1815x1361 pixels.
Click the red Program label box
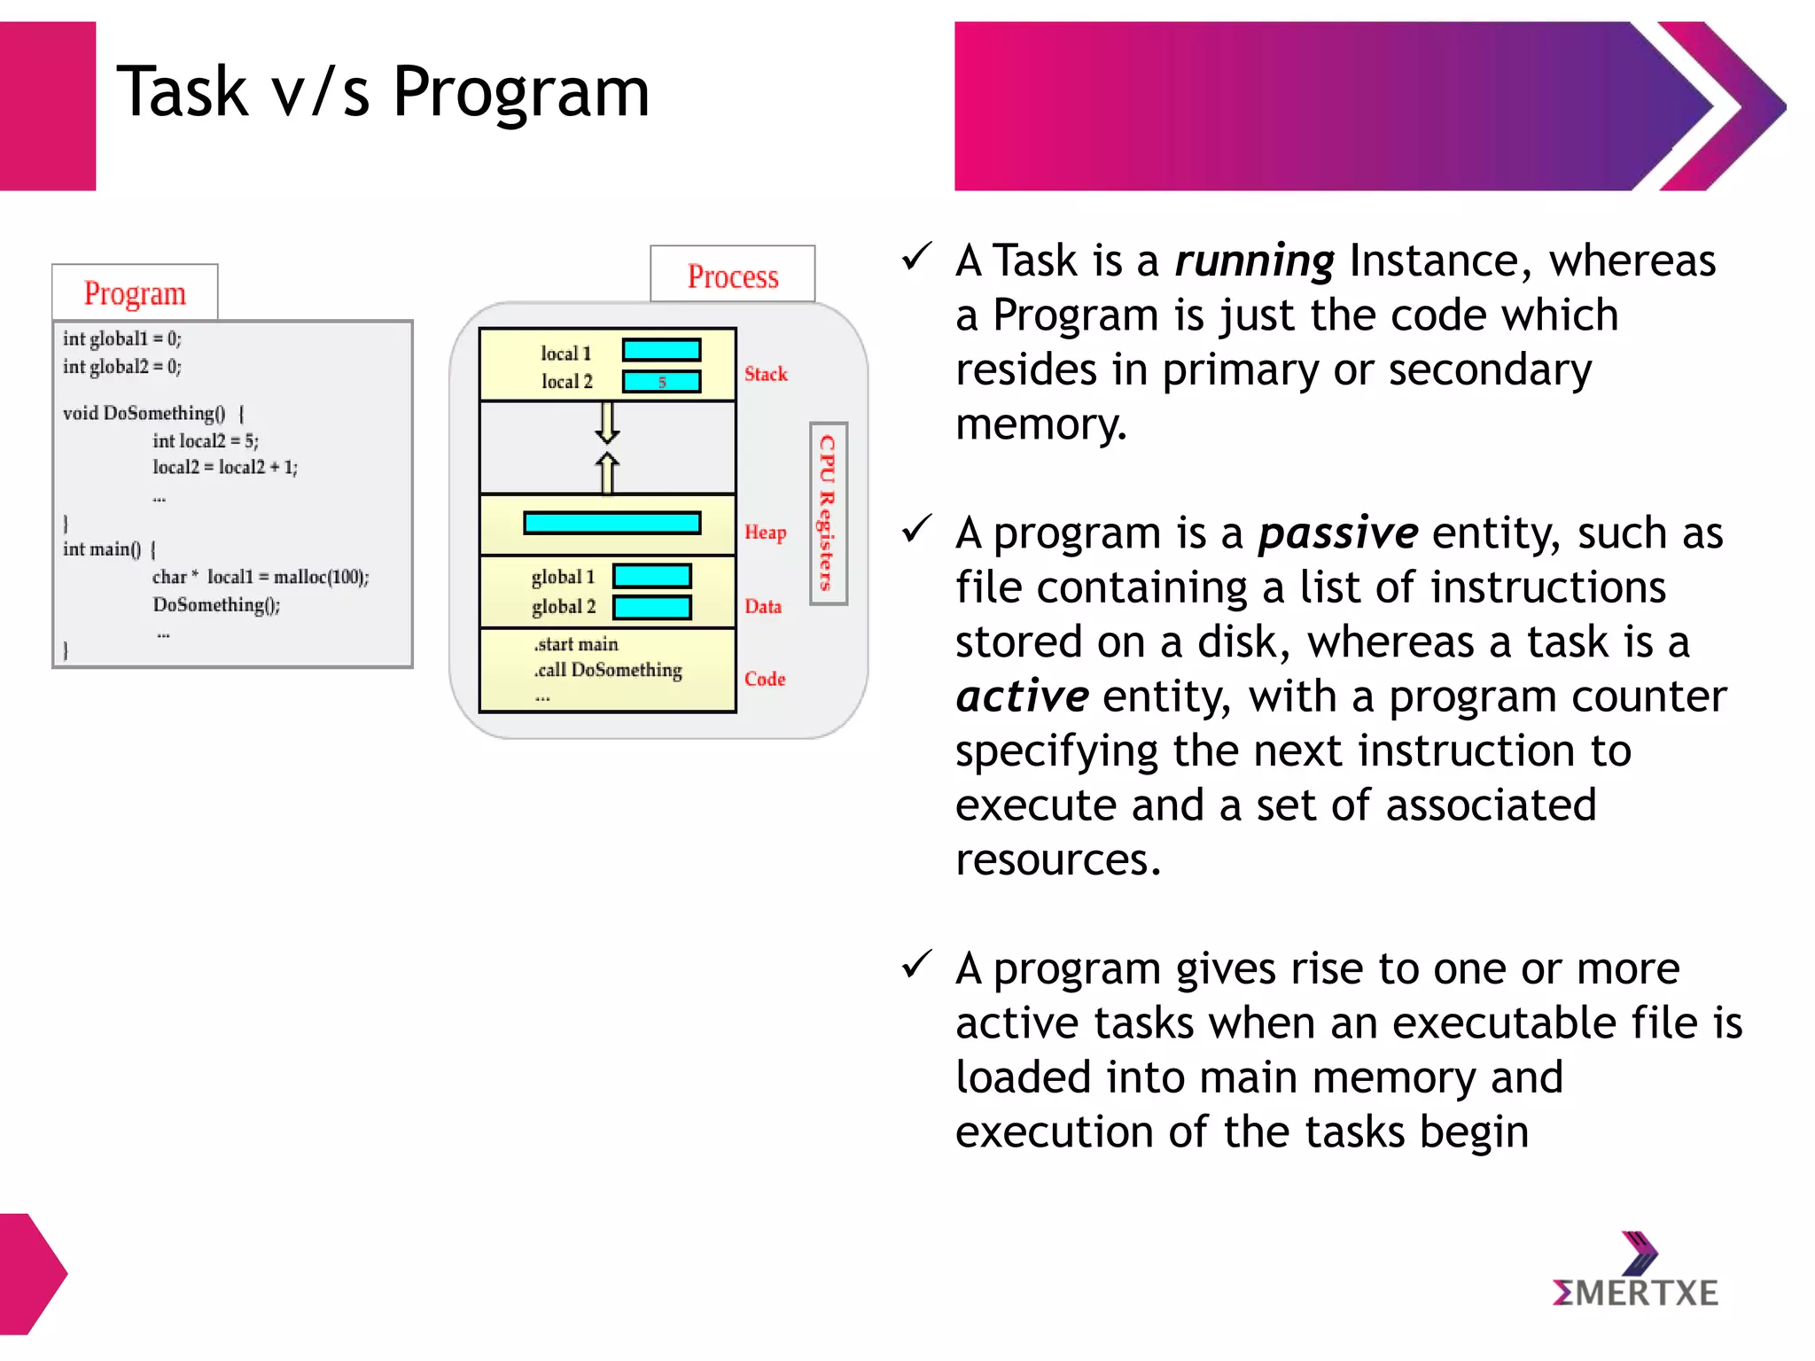pos(135,292)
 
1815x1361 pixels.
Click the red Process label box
pos(732,276)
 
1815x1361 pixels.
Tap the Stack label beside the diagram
pos(766,374)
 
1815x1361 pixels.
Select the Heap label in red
pos(765,532)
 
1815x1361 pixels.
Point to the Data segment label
pos(763,606)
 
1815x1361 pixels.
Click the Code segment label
pos(765,679)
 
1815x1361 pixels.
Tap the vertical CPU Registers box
pos(828,513)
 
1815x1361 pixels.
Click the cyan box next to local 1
pos(661,351)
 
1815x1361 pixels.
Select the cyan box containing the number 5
pos(661,382)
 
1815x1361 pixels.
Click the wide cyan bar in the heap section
pos(611,523)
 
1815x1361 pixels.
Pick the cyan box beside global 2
pos(651,607)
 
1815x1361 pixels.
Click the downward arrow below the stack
pos(607,422)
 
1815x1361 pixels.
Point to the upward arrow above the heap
pos(607,472)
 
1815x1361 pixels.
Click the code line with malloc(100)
pos(261,577)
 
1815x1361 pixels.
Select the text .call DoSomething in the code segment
pos(608,670)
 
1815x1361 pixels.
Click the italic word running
pos(1253,261)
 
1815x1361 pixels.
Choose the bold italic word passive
pos(1337,533)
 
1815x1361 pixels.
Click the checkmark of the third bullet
pos(916,964)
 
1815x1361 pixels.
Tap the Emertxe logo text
pos(1635,1293)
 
